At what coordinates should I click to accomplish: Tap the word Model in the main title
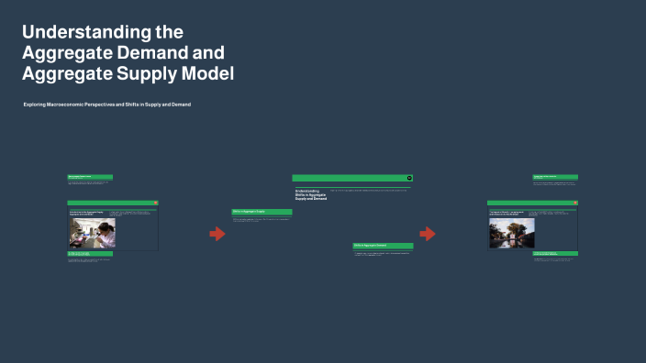tap(206, 73)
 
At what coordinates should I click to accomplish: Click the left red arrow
tap(217, 234)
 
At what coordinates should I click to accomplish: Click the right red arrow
tap(428, 234)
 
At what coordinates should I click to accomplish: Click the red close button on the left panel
tap(156, 203)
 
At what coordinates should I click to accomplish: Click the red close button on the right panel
tap(575, 203)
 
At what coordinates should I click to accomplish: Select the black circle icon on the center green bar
tap(409, 178)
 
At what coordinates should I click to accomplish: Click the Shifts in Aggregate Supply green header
tap(262, 212)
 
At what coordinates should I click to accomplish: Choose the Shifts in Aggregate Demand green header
tap(383, 246)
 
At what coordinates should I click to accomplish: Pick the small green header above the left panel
tap(90, 177)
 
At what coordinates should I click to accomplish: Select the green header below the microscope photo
tap(90, 254)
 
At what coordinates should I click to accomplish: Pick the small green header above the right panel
tap(555, 177)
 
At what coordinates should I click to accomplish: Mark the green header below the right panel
tap(555, 254)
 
